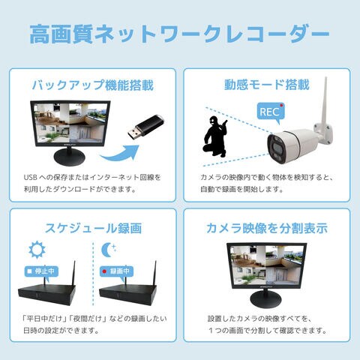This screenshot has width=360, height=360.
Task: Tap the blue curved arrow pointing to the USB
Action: click(x=120, y=154)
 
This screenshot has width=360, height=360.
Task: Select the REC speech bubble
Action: click(x=271, y=112)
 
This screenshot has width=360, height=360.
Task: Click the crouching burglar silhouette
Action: click(x=214, y=136)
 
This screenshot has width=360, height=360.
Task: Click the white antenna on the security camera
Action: click(x=325, y=100)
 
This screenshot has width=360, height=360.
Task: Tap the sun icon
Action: click(x=37, y=250)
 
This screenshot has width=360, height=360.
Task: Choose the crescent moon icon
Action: click(x=108, y=250)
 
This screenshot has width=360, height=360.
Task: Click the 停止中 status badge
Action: click(x=41, y=271)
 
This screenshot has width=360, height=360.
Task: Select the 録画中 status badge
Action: click(x=116, y=271)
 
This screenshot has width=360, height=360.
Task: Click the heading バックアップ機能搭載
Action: click(x=92, y=85)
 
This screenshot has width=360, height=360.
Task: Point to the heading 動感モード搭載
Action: click(x=267, y=85)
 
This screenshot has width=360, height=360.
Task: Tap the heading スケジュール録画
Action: click(x=93, y=228)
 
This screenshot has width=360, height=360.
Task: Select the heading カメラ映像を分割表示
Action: click(x=267, y=228)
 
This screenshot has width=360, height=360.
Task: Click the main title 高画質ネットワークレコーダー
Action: click(x=179, y=34)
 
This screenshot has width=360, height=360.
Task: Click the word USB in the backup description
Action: click(x=31, y=178)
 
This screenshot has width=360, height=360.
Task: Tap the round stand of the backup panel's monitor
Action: click(x=70, y=157)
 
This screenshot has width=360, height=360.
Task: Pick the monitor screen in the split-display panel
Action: click(x=266, y=265)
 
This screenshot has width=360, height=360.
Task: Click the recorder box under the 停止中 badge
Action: click(x=46, y=294)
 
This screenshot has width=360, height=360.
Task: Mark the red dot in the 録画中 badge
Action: click(x=104, y=271)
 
